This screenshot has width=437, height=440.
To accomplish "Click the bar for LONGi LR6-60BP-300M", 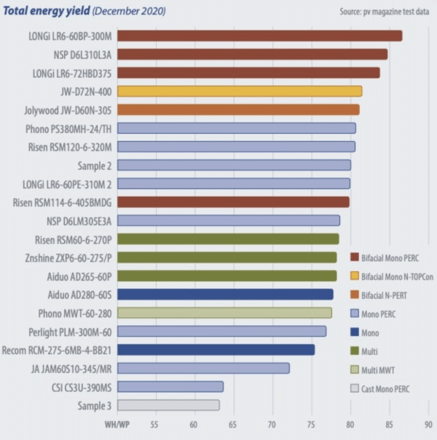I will tap(259, 36).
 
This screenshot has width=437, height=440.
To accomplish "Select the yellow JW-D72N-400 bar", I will tap(239, 91).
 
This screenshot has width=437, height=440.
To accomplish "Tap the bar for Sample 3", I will tap(168, 405).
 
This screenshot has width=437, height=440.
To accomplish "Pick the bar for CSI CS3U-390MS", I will tap(170, 386).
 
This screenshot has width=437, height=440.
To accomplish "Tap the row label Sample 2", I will tap(92, 165).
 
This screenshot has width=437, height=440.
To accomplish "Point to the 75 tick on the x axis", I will tap(311, 423).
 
